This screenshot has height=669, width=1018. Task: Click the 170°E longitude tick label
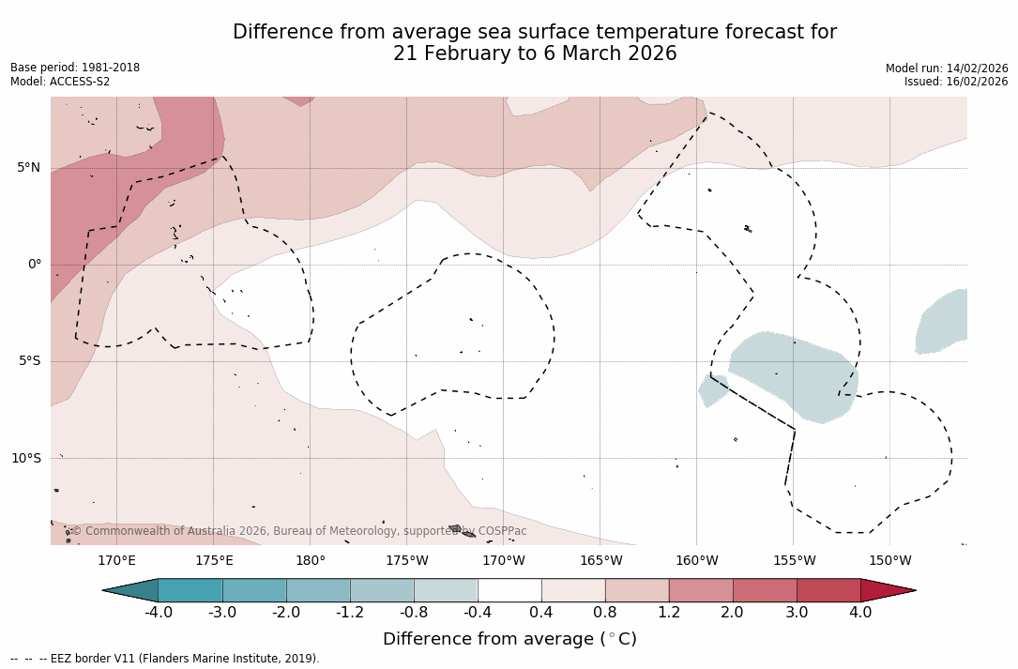coord(116,561)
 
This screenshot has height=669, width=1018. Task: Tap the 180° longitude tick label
coord(311,561)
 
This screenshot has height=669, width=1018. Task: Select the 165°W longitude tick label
coord(600,561)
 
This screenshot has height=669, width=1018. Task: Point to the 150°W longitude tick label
coord(890,561)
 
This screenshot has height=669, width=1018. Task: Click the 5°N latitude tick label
coord(28,168)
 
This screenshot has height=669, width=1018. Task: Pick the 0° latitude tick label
coord(35,265)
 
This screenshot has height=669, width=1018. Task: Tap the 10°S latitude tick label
coord(25,459)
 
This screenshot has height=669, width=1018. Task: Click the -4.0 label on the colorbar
coord(159,613)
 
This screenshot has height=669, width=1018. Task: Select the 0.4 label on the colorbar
coord(541,613)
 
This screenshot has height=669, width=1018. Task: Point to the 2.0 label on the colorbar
coord(732,613)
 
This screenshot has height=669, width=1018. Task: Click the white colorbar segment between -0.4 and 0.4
coord(509,590)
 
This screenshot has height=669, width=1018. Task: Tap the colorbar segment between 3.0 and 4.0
coord(828,590)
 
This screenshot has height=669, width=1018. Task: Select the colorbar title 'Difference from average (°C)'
coord(509,639)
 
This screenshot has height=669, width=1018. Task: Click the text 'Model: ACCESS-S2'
coord(60,82)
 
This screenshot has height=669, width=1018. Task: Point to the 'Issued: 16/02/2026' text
coord(956,82)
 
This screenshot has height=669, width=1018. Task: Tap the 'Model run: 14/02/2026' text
coord(947,68)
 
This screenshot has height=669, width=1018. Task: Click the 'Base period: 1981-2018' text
coord(75,68)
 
